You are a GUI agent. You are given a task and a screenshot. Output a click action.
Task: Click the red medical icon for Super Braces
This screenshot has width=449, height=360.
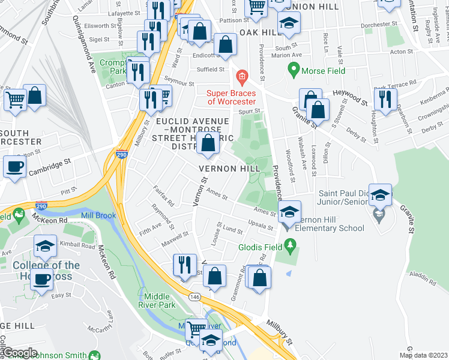click(241, 76)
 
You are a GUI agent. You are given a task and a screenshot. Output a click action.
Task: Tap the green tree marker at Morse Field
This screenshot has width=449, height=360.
click(294, 70)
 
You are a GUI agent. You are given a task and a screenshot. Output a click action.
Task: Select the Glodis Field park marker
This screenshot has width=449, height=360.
click(291, 245)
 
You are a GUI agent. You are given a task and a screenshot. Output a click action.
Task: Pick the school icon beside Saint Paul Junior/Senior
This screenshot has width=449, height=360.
click(379, 195)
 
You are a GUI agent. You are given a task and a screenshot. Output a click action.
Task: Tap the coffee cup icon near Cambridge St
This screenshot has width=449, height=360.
click(14, 167)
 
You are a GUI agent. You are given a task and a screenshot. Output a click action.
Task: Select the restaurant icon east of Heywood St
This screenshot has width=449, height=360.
click(385, 98)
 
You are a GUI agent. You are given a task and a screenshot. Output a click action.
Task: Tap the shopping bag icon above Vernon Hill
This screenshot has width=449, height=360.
click(208, 144)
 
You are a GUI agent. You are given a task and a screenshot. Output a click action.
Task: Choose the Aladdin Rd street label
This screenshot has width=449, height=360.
click(424, 278)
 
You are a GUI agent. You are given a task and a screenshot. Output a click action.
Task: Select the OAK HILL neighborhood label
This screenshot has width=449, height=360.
click(261, 31)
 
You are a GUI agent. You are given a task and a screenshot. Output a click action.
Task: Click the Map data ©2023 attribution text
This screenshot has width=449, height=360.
click(423, 355)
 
